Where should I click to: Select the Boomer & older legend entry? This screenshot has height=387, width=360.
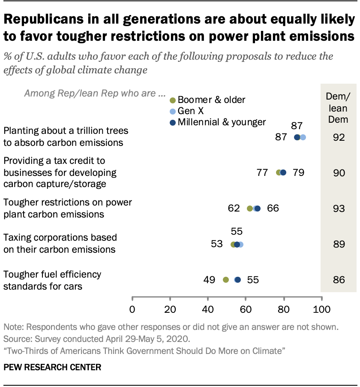click(x=208, y=100)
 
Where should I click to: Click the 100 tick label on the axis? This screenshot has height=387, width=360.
click(x=321, y=309)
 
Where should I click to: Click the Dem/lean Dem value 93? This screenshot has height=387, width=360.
click(x=339, y=209)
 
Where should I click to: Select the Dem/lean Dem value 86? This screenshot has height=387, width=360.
click(x=339, y=280)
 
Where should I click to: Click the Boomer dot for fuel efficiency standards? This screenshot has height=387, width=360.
click(x=225, y=280)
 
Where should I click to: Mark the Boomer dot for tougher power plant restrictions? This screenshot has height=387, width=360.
click(x=250, y=209)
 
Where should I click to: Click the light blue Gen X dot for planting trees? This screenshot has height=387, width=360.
click(x=303, y=137)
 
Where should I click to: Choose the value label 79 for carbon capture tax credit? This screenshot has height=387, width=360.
click(x=298, y=172)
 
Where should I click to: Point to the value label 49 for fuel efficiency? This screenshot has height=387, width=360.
click(x=209, y=280)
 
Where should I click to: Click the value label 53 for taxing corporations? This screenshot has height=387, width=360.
click(x=217, y=244)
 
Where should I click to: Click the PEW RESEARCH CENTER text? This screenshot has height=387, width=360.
click(x=52, y=367)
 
